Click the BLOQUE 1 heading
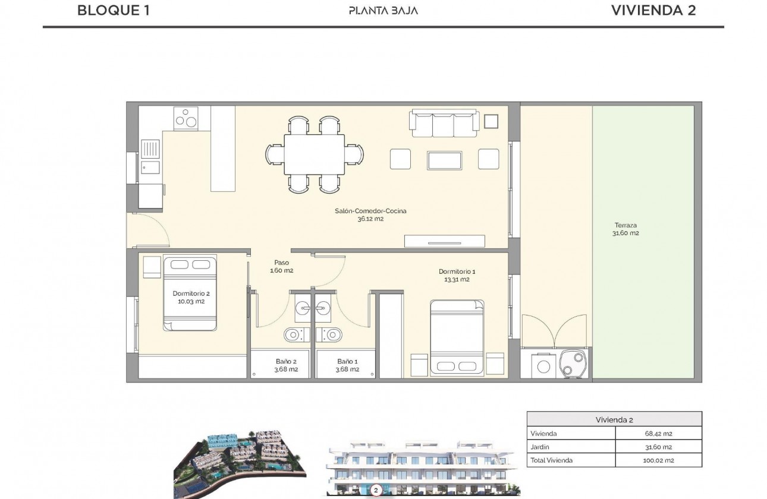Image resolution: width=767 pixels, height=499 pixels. pyautogui.click(x=114, y=10)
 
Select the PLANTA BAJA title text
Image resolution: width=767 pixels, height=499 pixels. pyautogui.click(x=383, y=11)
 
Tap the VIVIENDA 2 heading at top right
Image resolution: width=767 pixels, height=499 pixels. pyautogui.click(x=653, y=10)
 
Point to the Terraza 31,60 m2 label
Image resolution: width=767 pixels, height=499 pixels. pyautogui.click(x=625, y=229)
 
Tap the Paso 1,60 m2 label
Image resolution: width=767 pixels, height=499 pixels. pyautogui.click(x=281, y=266)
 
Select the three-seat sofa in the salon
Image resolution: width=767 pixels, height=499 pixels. pyautogui.click(x=444, y=123)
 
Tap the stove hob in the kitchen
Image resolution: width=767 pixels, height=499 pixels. pyautogui.click(x=186, y=118)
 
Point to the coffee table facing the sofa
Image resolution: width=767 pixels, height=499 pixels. pyautogui.click(x=444, y=160)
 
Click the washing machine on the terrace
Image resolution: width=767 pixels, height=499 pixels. pyautogui.click(x=543, y=365)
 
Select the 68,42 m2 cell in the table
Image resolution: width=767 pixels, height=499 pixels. pyautogui.click(x=658, y=434)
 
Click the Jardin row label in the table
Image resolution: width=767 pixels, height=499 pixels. pyautogui.click(x=540, y=447)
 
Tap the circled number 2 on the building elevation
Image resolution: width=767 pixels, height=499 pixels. pyautogui.click(x=376, y=491)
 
